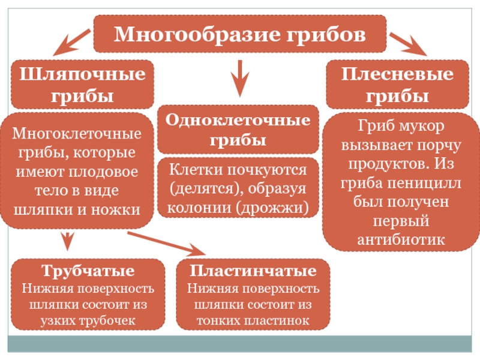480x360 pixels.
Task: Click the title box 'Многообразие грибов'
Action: pyautogui.click(x=239, y=34)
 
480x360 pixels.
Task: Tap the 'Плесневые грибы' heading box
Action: pyautogui.click(x=397, y=85)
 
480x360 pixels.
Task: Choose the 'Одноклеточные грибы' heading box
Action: pyautogui.click(x=238, y=130)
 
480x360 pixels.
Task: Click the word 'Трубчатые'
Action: pyautogui.click(x=88, y=271)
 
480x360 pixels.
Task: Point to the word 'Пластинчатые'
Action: pyautogui.click(x=253, y=271)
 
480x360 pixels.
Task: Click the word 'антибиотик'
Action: pyautogui.click(x=401, y=239)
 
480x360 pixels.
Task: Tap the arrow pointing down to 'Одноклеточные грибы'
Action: pyautogui.click(x=239, y=79)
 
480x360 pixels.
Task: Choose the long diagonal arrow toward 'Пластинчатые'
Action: pyautogui.click(x=168, y=242)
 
